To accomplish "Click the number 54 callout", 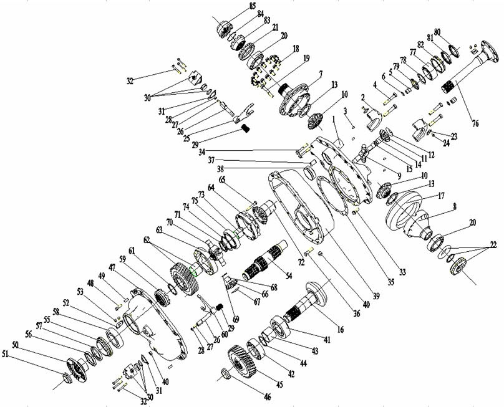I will click(288, 275).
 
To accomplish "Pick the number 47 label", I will click(112, 267).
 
